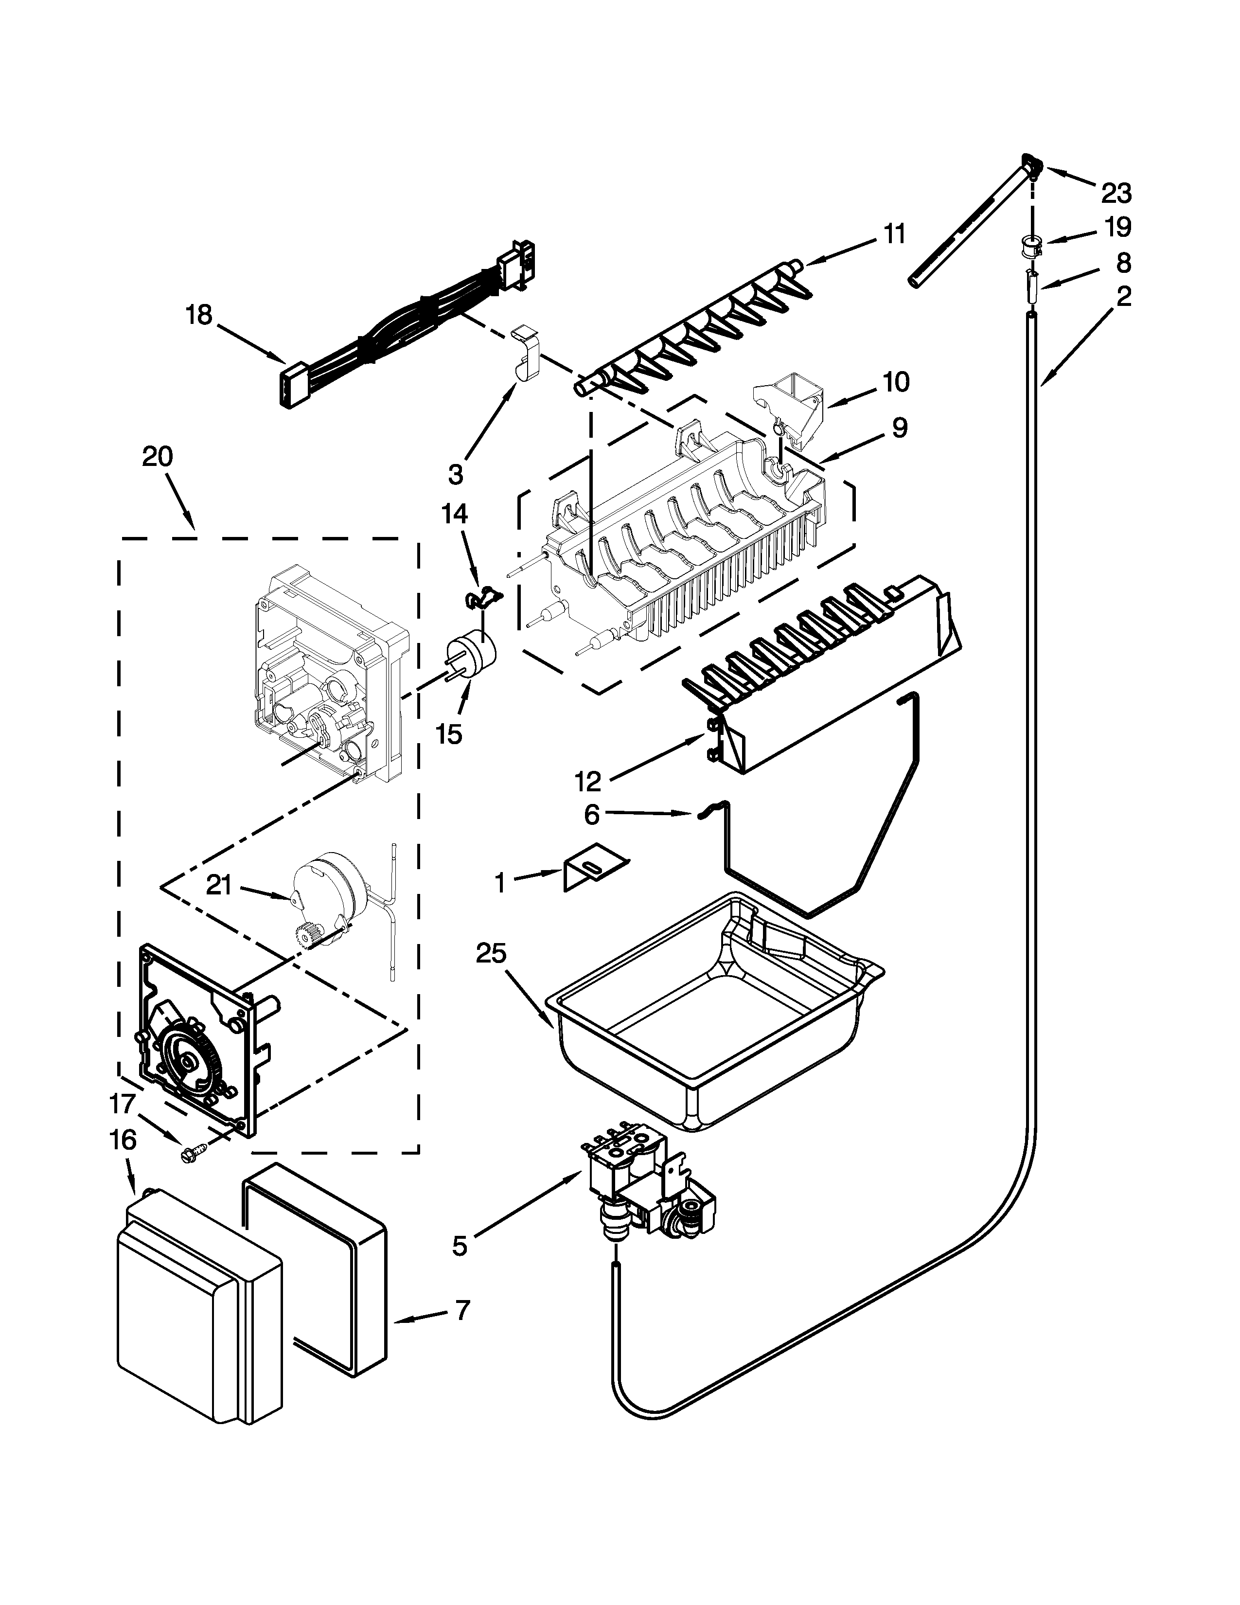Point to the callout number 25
pos(491,953)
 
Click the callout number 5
pos(459,1246)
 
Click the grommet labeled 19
pos(1032,245)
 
